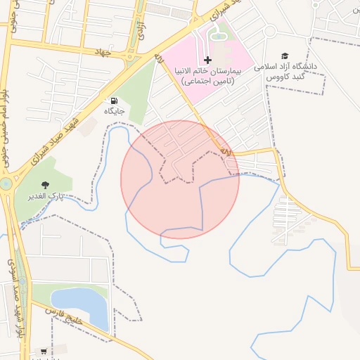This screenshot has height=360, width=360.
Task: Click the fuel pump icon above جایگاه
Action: click(115, 101)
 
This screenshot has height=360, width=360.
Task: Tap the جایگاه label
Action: click(115, 111)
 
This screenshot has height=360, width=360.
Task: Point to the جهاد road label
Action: click(102, 51)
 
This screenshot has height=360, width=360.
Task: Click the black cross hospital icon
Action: click(207, 60)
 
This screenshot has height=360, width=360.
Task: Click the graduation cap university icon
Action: click(285, 56)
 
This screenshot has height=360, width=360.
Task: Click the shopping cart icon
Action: click(44, 351)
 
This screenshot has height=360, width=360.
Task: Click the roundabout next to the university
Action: click(269, 31)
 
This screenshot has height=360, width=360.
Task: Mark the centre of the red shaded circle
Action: click(180, 179)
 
